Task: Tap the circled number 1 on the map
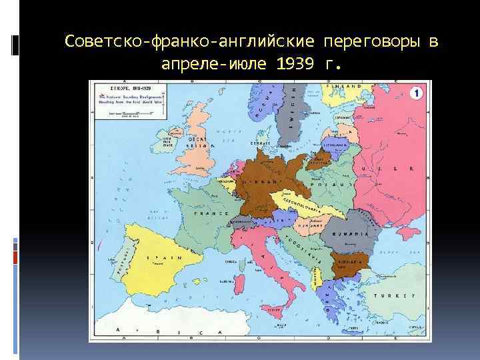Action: pos(415,93)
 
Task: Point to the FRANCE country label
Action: pos(211,213)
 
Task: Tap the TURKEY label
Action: pos(395,295)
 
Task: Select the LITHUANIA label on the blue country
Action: pos(334,143)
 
